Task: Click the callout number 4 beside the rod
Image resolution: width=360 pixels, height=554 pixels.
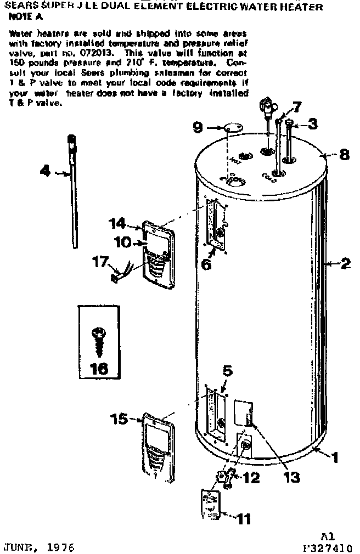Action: [x=46, y=172]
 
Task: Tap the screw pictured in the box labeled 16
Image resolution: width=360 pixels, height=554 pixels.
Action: [x=99, y=340]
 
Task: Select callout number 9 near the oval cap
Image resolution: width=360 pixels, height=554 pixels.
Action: [x=198, y=128]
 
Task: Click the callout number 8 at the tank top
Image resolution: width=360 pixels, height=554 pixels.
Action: [x=344, y=154]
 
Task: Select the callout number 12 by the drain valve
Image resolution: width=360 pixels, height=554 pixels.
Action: [x=251, y=478]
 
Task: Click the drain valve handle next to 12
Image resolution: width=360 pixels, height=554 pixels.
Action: [x=223, y=477]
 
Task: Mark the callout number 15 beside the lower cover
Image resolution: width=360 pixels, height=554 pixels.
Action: [x=119, y=419]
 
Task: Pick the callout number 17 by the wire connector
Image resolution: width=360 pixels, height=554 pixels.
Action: [x=100, y=262]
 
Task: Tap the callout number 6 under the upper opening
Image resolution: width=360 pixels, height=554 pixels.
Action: [x=206, y=264]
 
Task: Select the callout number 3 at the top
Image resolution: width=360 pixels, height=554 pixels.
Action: [x=312, y=124]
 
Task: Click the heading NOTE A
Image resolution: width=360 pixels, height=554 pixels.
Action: [x=25, y=16]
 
